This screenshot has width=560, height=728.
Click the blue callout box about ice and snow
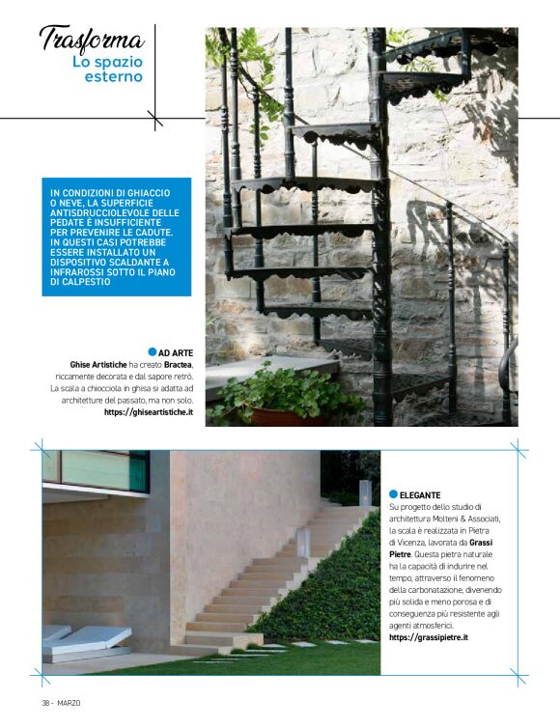point(116,237)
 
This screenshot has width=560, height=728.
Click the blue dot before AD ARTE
point(153,351)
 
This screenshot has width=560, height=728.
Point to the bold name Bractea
point(177,365)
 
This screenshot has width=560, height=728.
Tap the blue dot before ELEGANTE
point(394,494)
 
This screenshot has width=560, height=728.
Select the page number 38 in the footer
point(45,701)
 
